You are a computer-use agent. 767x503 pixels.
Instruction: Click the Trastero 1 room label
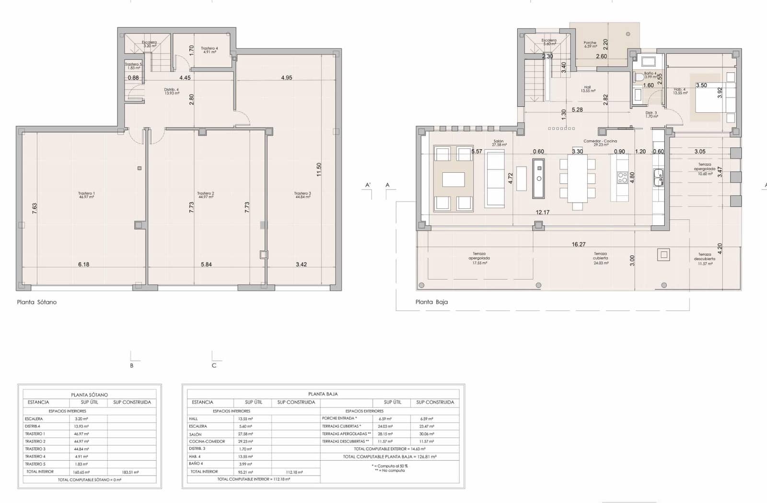(86, 195)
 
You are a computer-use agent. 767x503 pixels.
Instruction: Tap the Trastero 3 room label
(302, 195)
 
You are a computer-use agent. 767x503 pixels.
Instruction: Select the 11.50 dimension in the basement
(319, 169)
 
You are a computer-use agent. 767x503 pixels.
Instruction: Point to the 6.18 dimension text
(84, 264)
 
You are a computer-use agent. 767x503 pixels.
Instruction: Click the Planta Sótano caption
(37, 302)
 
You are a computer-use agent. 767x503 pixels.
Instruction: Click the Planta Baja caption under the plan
(431, 302)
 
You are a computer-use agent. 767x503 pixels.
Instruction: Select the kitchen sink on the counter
(658, 177)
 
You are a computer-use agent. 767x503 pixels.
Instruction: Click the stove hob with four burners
(623, 178)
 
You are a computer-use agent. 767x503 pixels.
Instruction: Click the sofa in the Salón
(495, 179)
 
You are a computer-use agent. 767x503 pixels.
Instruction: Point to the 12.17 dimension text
(543, 213)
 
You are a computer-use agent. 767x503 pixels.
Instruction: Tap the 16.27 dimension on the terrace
(579, 244)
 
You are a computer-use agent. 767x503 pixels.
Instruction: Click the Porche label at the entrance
(590, 44)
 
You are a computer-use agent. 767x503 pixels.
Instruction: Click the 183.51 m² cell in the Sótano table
(130, 472)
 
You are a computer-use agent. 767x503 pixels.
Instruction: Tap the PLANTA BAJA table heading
(323, 394)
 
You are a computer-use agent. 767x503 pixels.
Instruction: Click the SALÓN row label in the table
(195, 434)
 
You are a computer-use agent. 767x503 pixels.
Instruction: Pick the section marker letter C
(214, 366)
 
